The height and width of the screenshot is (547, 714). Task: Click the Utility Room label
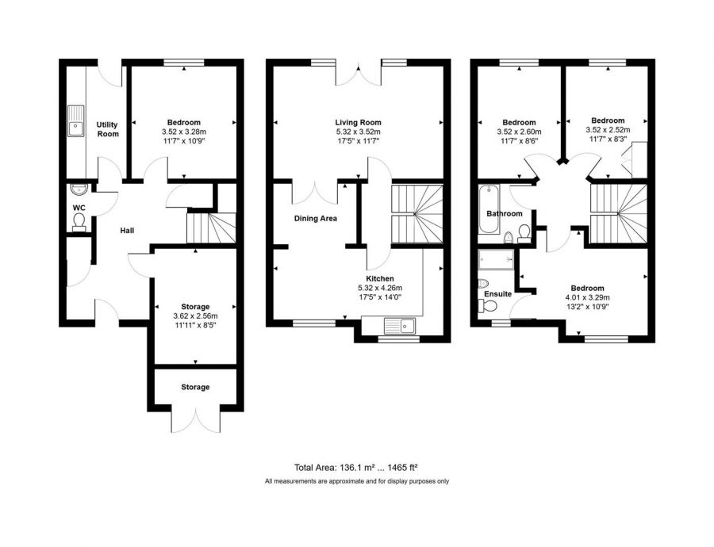107,129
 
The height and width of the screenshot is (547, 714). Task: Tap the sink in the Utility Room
76,121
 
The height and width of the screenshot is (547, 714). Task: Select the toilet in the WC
79,227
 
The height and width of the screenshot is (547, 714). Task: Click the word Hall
127,231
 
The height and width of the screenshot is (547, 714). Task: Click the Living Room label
359,122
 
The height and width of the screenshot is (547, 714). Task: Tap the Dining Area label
317,218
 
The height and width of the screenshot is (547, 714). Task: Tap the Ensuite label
497,294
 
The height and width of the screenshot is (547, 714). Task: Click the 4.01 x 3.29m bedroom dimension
587,297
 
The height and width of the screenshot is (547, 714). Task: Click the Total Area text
323,467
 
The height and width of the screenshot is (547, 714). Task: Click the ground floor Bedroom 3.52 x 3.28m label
183,122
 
